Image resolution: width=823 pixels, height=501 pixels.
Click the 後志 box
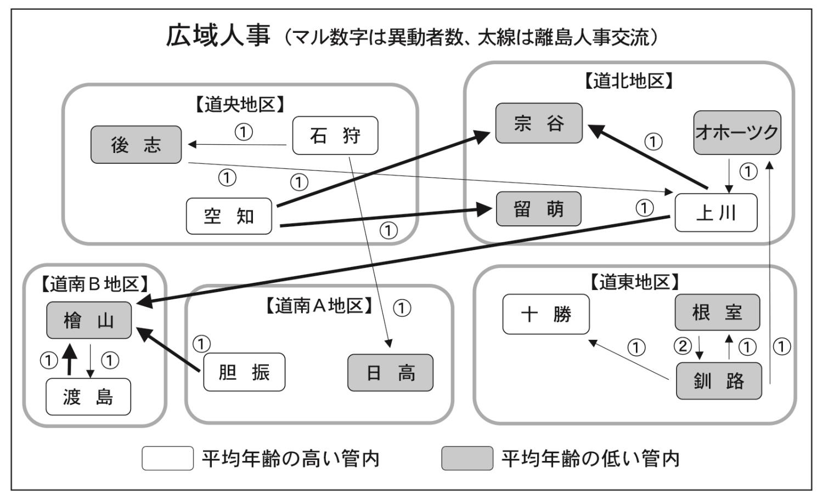pyautogui.click(x=136, y=145)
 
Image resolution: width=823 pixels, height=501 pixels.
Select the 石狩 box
pyautogui.click(x=335, y=135)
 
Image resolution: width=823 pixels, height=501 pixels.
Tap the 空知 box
pyautogui.click(x=229, y=216)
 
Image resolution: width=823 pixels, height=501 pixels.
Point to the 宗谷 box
pyautogui.click(x=539, y=123)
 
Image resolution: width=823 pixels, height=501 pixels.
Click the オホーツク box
pyautogui.click(x=737, y=133)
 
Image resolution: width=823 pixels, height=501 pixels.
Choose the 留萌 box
pyautogui.click(x=538, y=209)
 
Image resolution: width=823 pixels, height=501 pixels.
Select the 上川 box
pyautogui.click(x=715, y=213)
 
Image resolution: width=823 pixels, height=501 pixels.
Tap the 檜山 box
pyautogui.click(x=89, y=320)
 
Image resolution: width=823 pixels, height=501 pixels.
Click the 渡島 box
pyautogui.click(x=88, y=396)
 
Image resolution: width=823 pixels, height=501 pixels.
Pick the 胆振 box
pyautogui.click(x=244, y=372)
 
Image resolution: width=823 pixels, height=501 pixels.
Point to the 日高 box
pyautogui.click(x=390, y=373)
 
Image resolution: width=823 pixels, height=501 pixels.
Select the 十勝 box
pyautogui.click(x=546, y=314)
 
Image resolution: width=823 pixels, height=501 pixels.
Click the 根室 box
pyautogui.click(x=717, y=312)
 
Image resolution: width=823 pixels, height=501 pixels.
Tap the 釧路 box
pyautogui.click(x=718, y=380)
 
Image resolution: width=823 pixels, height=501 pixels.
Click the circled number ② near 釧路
pyautogui.click(x=683, y=346)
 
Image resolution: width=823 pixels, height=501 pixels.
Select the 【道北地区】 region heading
pyautogui.click(x=628, y=81)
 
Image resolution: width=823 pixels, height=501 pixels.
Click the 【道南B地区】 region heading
pyautogui.click(x=94, y=283)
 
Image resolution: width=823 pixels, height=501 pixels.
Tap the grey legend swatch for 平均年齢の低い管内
pyautogui.click(x=467, y=458)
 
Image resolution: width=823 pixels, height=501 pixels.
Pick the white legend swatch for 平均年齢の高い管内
pyautogui.click(x=167, y=458)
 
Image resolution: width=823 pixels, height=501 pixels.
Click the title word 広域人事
pyautogui.click(x=218, y=36)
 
